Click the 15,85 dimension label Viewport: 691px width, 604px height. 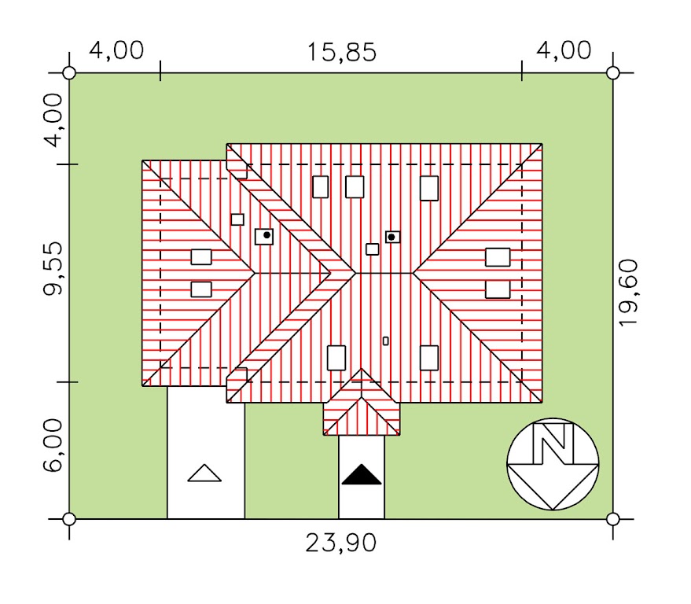[342, 53]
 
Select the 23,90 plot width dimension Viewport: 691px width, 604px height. [342, 543]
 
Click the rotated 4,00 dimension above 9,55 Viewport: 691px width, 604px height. [53, 120]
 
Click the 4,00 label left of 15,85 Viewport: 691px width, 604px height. [116, 51]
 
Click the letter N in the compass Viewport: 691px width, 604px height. [553, 444]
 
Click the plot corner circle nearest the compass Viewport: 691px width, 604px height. [613, 519]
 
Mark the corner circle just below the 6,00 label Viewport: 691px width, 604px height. [69, 519]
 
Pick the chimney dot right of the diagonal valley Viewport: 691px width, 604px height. [392, 237]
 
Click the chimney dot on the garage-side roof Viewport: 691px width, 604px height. [266, 235]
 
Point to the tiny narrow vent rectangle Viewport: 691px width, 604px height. [385, 341]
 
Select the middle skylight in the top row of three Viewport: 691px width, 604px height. [355, 187]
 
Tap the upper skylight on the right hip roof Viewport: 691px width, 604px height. [497, 257]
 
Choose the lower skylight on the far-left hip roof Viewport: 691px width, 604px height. [201, 289]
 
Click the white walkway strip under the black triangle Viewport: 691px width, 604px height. [362, 499]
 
